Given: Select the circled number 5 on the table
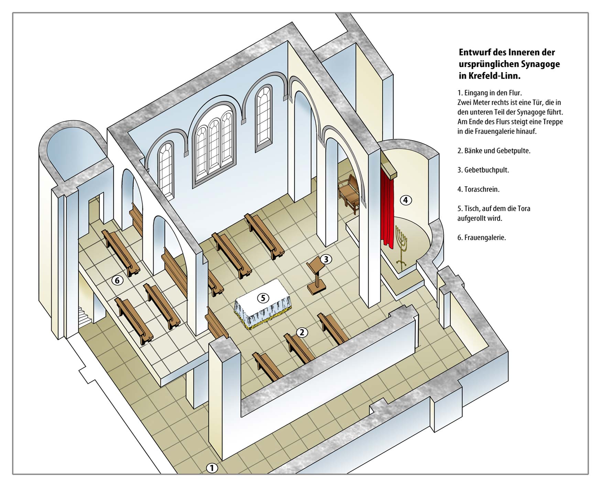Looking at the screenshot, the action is tap(263, 298).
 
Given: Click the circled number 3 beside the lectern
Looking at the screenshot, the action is tap(326, 259).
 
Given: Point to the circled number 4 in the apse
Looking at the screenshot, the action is tap(406, 200).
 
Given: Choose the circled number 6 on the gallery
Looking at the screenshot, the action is tap(117, 280).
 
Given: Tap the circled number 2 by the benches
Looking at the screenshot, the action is tap(302, 332).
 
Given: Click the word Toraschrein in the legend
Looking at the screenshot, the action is tap(482, 189).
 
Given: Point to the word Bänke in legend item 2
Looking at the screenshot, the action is tap(473, 151).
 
